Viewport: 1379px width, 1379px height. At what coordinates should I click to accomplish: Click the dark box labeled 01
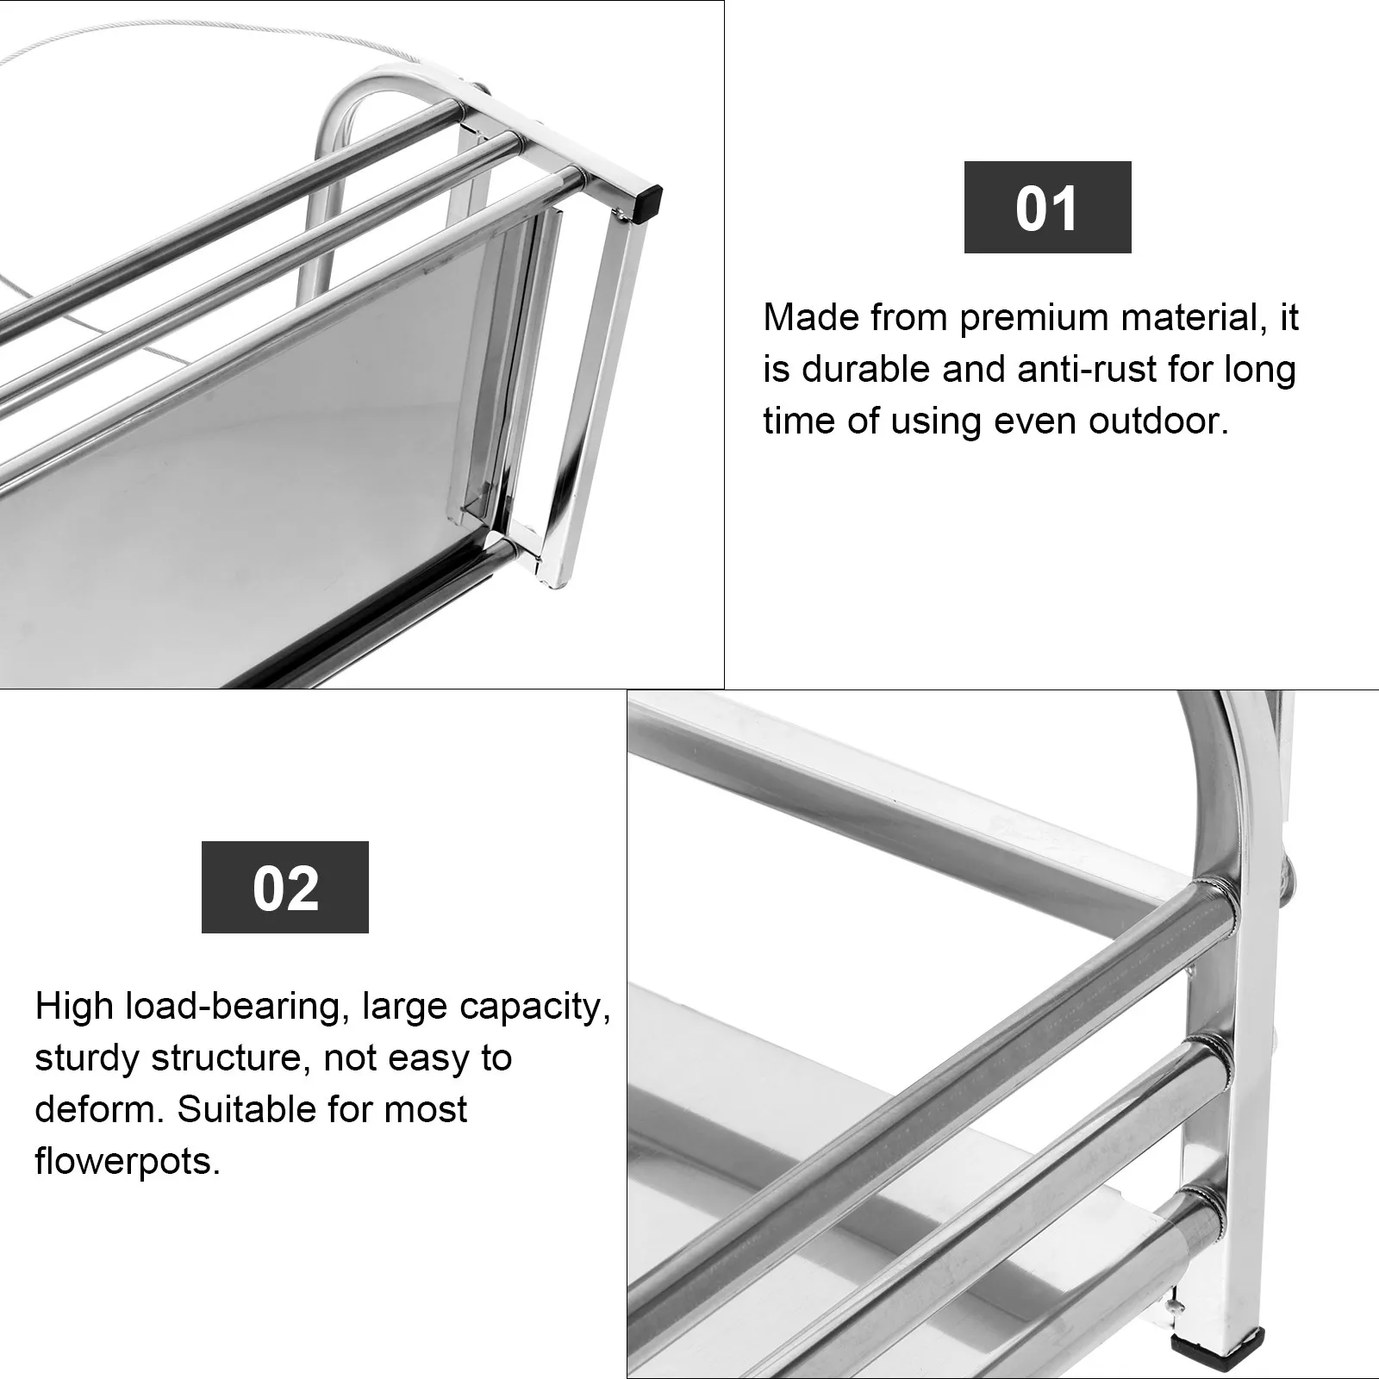pos(1047,207)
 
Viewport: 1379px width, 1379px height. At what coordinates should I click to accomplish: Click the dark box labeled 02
pos(285,887)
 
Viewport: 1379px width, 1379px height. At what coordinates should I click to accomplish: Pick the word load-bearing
pos(237,1007)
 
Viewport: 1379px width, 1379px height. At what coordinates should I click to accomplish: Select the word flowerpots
pos(128,1162)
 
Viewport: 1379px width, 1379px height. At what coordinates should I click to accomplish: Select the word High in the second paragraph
pos(74,1007)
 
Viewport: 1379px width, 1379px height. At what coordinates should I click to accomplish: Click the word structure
pos(228,1058)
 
